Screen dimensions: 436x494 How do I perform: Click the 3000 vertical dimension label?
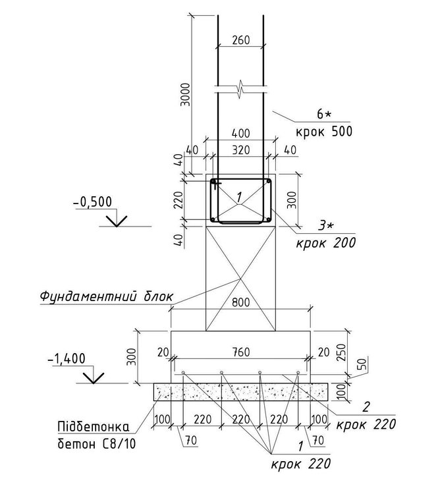click(186, 94)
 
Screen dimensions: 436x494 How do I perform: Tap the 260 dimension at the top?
click(241, 40)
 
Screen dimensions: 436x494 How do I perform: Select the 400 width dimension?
click(241, 133)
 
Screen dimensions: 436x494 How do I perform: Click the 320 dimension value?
click(241, 150)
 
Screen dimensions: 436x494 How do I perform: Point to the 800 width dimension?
click(241, 302)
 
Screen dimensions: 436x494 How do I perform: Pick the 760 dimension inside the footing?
click(241, 352)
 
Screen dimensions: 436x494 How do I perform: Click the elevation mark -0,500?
click(93, 202)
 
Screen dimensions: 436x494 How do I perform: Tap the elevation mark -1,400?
click(67, 358)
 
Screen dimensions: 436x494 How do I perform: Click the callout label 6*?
click(324, 114)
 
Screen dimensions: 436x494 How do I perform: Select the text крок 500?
click(324, 131)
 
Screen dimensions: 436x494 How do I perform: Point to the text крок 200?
click(326, 243)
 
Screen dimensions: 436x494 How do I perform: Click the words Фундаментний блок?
click(107, 296)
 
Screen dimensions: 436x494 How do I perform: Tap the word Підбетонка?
click(94, 427)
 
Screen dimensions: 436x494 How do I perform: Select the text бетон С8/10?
click(97, 444)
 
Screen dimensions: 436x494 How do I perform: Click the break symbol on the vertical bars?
click(240, 90)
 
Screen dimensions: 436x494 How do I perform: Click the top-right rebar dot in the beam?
click(268, 181)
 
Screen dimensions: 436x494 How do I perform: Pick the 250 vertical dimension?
click(342, 352)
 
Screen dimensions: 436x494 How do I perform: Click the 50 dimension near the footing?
click(364, 364)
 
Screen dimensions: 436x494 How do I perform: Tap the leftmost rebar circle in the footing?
click(183, 373)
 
